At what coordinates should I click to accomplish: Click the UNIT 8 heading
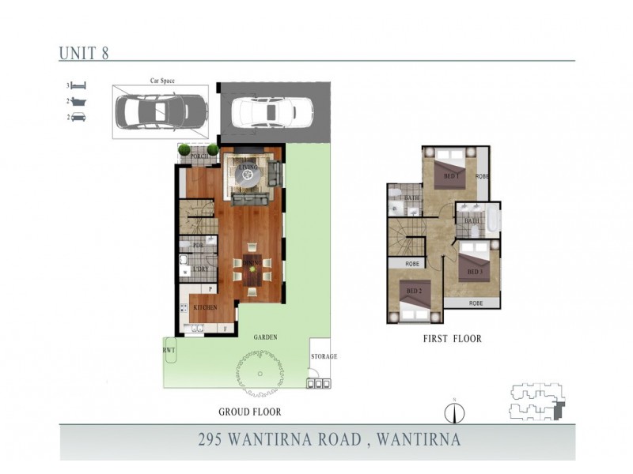click(x=83, y=54)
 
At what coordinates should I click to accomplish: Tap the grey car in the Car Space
click(x=161, y=111)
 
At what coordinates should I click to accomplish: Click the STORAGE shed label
click(x=323, y=356)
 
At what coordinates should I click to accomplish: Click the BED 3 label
click(x=475, y=272)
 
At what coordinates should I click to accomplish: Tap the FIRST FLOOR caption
click(x=452, y=339)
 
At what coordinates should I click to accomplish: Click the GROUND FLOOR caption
click(x=250, y=412)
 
